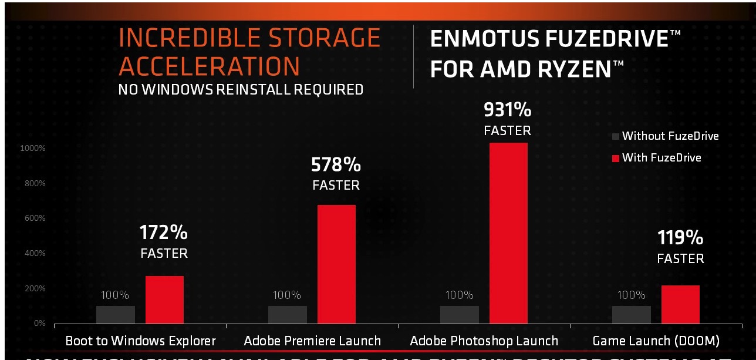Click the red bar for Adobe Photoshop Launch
pos(508,233)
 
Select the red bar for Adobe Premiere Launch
pos(336,264)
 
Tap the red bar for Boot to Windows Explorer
pos(164,300)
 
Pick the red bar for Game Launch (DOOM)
pos(680,304)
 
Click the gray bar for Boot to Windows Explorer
pos(116,314)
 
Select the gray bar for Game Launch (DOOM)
pos(631,314)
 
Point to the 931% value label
pos(507,109)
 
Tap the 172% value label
pos(164,233)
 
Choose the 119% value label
pos(680,238)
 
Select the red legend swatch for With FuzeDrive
pos(615,158)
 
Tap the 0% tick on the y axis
pos(39,324)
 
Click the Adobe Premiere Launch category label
pos(312,341)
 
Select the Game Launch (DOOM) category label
pos(656,341)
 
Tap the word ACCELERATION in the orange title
pos(210,67)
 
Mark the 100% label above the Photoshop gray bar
pos(459,295)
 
